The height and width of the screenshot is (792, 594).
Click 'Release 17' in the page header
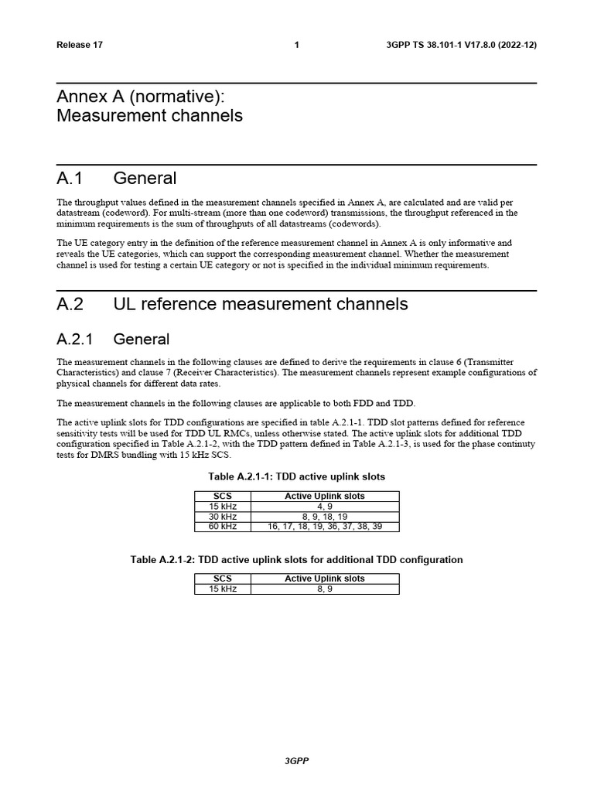coord(79,45)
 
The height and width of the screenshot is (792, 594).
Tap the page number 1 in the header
coord(297,45)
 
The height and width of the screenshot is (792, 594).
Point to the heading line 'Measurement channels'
coord(149,115)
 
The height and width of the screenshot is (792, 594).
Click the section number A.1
coord(70,179)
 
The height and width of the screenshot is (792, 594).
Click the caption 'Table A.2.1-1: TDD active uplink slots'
coord(296,476)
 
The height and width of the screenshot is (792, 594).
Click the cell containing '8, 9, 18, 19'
coord(325,517)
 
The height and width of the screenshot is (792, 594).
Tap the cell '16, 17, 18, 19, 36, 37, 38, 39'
coord(325,527)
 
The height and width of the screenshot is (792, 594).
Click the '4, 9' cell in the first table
coord(325,507)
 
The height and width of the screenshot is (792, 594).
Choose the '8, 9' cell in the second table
coord(325,589)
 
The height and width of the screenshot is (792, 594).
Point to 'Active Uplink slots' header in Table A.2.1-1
coord(325,497)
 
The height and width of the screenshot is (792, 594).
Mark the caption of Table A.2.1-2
coord(296,559)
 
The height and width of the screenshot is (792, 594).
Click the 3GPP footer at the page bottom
coord(297,761)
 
